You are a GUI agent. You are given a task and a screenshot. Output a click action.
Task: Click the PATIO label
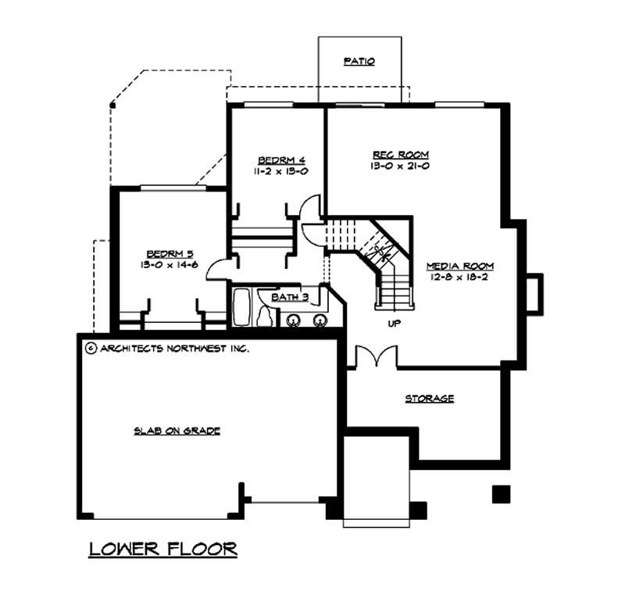[359, 61]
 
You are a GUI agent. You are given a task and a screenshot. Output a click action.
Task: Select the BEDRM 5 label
[170, 253]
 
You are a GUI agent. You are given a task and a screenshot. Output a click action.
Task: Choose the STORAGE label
[429, 399]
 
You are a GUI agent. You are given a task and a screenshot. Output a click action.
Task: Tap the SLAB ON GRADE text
[177, 431]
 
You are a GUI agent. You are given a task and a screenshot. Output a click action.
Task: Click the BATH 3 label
[290, 297]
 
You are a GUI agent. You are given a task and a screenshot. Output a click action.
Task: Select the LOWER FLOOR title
[162, 549]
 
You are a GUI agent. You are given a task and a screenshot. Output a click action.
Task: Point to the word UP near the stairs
[394, 322]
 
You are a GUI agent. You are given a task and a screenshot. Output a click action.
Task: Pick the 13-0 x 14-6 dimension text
[170, 265]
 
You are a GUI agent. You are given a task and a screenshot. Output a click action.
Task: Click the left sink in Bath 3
[295, 320]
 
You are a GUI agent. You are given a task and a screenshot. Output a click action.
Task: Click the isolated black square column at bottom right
[501, 493]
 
